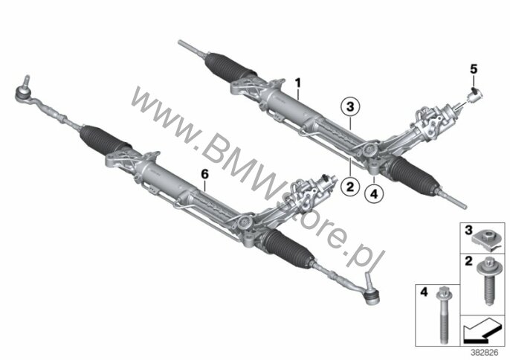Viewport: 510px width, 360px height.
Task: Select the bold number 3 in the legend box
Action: tap(469, 234)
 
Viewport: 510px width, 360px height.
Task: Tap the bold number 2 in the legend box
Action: tap(469, 262)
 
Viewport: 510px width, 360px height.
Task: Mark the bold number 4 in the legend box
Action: tap(425, 291)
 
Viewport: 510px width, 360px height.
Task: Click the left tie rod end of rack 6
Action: tap(22, 91)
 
